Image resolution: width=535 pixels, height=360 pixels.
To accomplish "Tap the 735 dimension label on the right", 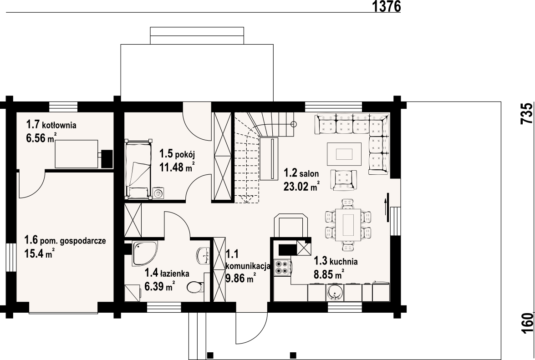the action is [x=527, y=113].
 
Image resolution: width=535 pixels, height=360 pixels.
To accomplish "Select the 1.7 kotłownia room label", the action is [x=51, y=125].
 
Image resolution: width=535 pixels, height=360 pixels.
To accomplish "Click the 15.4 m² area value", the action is [x=40, y=254].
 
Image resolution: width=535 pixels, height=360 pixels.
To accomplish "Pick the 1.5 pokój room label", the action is [x=177, y=154].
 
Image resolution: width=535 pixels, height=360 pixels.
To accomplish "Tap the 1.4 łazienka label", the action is [x=167, y=273].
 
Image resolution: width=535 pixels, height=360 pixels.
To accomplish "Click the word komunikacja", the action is [x=248, y=266].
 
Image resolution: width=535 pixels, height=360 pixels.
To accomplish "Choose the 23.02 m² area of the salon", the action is [x=301, y=186].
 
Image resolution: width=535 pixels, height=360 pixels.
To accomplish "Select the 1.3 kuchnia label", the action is [x=336, y=261].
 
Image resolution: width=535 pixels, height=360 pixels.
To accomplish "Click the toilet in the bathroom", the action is [x=195, y=287].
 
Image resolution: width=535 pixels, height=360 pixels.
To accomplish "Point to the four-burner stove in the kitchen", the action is [x=282, y=268].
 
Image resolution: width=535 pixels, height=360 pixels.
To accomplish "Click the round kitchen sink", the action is [x=335, y=293].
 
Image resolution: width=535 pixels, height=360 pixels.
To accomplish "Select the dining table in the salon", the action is [x=348, y=225].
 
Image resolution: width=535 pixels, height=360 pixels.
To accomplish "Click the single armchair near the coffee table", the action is [x=343, y=180].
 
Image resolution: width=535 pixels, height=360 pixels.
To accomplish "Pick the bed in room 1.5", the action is [x=138, y=168].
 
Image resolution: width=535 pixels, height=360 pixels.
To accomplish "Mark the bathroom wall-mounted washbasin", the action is [x=204, y=255].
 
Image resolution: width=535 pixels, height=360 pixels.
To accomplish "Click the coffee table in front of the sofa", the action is [x=344, y=154].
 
